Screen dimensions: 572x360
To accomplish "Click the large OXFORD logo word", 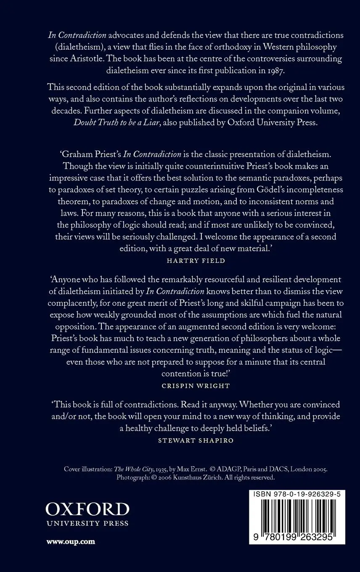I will tap(87, 509).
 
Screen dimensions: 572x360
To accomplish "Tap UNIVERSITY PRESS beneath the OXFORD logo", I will tap(87, 524).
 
